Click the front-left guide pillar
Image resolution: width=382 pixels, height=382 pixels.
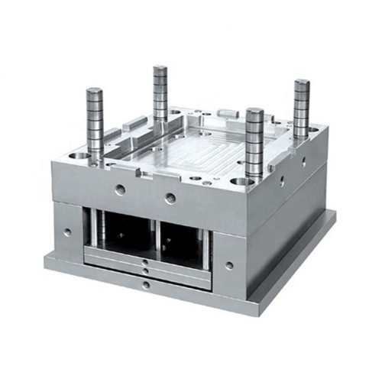point(94,126)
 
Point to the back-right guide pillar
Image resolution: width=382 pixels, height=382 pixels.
point(301,107)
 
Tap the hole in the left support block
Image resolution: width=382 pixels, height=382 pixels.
point(67,231)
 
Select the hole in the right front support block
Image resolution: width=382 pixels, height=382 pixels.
point(229,265)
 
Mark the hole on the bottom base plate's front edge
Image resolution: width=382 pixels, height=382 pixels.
point(146,285)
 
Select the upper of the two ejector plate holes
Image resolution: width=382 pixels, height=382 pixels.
point(145,262)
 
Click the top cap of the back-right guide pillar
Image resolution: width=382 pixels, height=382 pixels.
point(302,82)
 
